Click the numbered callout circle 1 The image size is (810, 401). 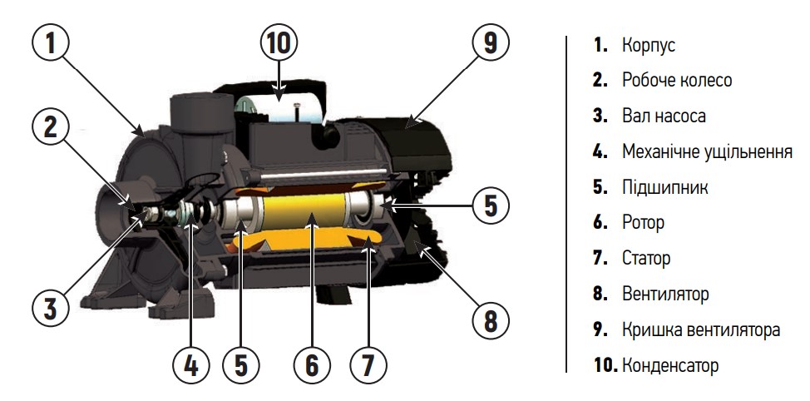click(50, 43)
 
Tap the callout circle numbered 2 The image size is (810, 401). click(50, 127)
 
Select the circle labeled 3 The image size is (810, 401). click(50, 308)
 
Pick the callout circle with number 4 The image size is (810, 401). click(190, 365)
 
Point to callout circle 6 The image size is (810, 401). click(312, 365)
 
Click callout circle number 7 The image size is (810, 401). click(368, 365)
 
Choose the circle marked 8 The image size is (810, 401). click(490, 320)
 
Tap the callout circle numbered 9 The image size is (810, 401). click(490, 43)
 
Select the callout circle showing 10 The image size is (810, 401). click(279, 43)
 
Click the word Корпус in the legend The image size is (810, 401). click(649, 46)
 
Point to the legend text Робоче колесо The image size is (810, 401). click(677, 80)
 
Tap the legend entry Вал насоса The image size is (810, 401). click(664, 116)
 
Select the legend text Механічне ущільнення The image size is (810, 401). click(707, 152)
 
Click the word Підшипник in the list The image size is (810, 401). click(664, 187)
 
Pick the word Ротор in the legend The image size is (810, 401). click(643, 223)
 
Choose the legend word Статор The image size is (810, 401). click(646, 258)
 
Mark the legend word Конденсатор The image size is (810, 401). click(670, 365)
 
